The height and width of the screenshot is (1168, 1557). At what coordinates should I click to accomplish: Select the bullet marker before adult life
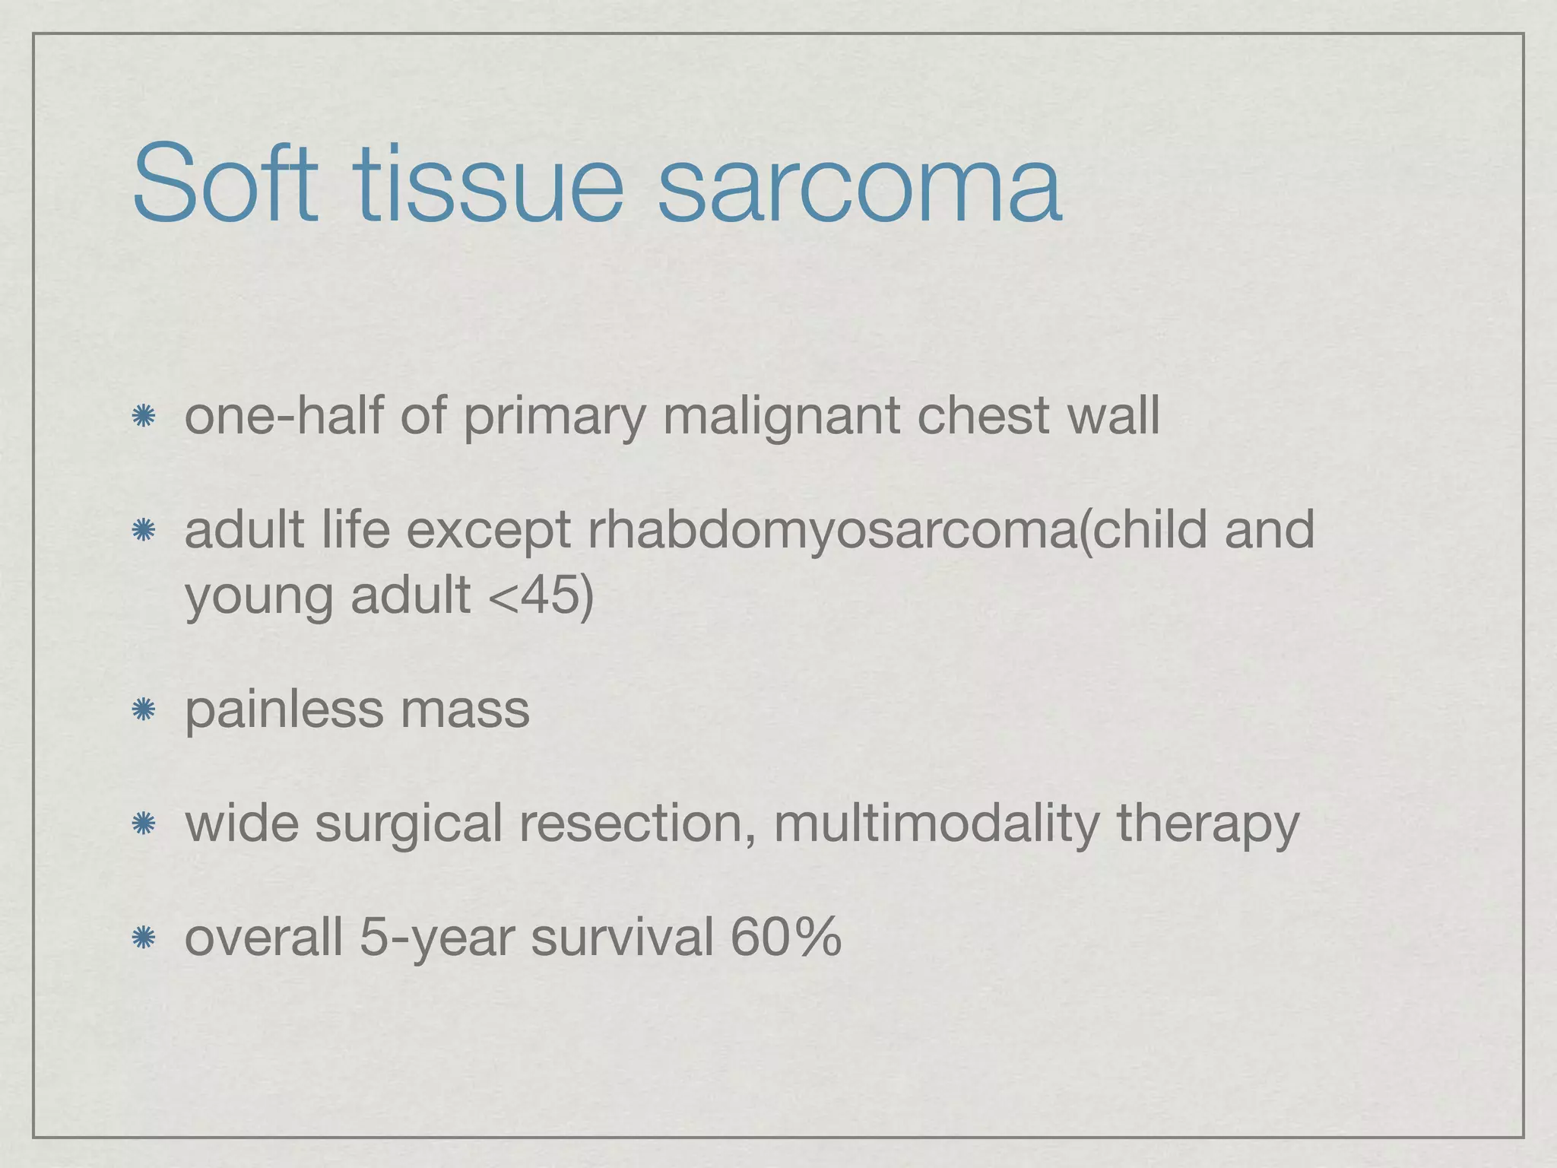143,530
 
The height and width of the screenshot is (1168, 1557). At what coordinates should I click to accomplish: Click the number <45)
541,595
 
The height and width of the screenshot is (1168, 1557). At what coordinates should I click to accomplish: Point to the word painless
284,709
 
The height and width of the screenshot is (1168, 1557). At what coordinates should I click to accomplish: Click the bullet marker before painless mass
143,710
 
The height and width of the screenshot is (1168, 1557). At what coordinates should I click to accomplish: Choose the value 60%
785,937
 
